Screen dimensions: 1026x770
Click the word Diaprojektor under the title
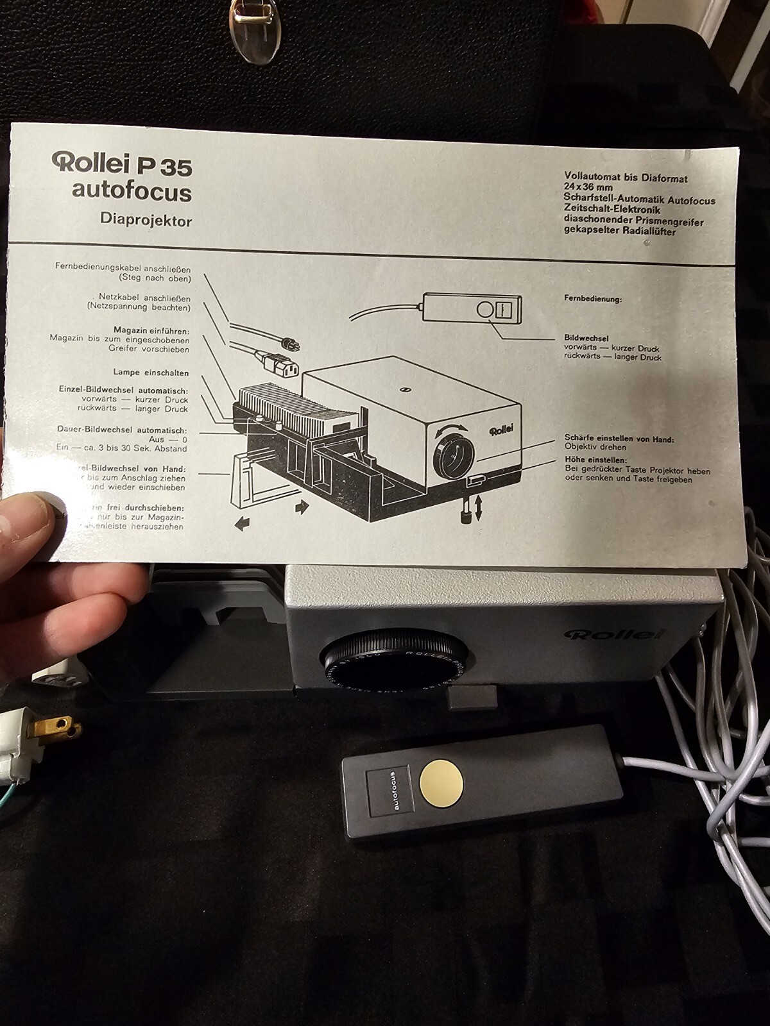[x=146, y=221]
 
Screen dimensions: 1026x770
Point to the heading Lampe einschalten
[x=151, y=373]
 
